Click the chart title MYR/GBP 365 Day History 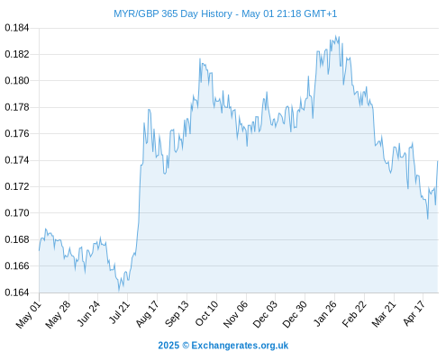173,13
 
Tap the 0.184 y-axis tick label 17,28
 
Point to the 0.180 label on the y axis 17,81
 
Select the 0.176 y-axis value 17,133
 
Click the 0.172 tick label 17,186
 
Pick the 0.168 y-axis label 17,239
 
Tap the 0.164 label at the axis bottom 17,292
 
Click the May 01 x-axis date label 29,314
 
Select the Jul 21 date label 119,312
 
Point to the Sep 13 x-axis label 177,313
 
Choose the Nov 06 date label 236,314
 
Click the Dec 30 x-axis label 296,314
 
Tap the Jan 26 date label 326,313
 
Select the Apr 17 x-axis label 414,313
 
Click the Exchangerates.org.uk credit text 240,346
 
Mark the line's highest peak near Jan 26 336,36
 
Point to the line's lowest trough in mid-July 119,291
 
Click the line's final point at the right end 438,161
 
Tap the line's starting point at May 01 39,250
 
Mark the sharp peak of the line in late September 200,58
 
